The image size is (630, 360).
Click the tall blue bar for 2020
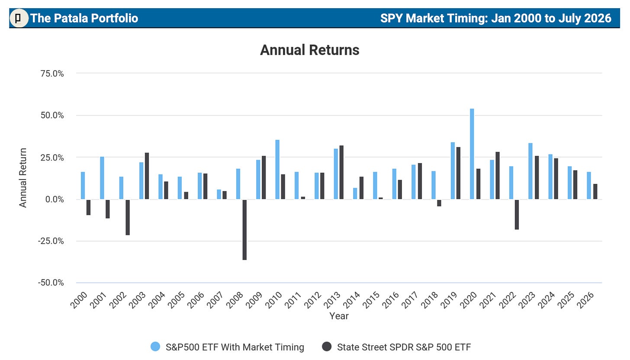tap(472, 154)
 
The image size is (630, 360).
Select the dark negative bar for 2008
tap(244, 229)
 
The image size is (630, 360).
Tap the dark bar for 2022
tap(517, 214)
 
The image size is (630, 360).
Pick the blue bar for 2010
tap(277, 170)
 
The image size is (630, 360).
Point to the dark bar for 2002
tap(128, 217)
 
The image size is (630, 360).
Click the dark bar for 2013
tap(341, 172)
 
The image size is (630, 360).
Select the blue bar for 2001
tap(102, 178)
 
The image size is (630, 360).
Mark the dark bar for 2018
tap(439, 203)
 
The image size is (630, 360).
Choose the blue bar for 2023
tap(530, 171)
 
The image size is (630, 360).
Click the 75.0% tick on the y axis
tap(52, 74)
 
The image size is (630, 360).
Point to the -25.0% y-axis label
tap(51, 241)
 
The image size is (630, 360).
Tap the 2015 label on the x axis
tap(371, 300)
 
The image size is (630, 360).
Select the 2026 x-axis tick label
tap(585, 300)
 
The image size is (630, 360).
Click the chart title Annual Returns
tap(310, 50)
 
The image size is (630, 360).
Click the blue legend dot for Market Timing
tap(155, 347)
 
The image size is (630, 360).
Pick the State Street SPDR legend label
tap(404, 347)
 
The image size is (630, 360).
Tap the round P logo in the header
tap(19, 18)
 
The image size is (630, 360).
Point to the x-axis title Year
tap(339, 316)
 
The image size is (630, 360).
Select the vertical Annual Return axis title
tap(23, 178)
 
